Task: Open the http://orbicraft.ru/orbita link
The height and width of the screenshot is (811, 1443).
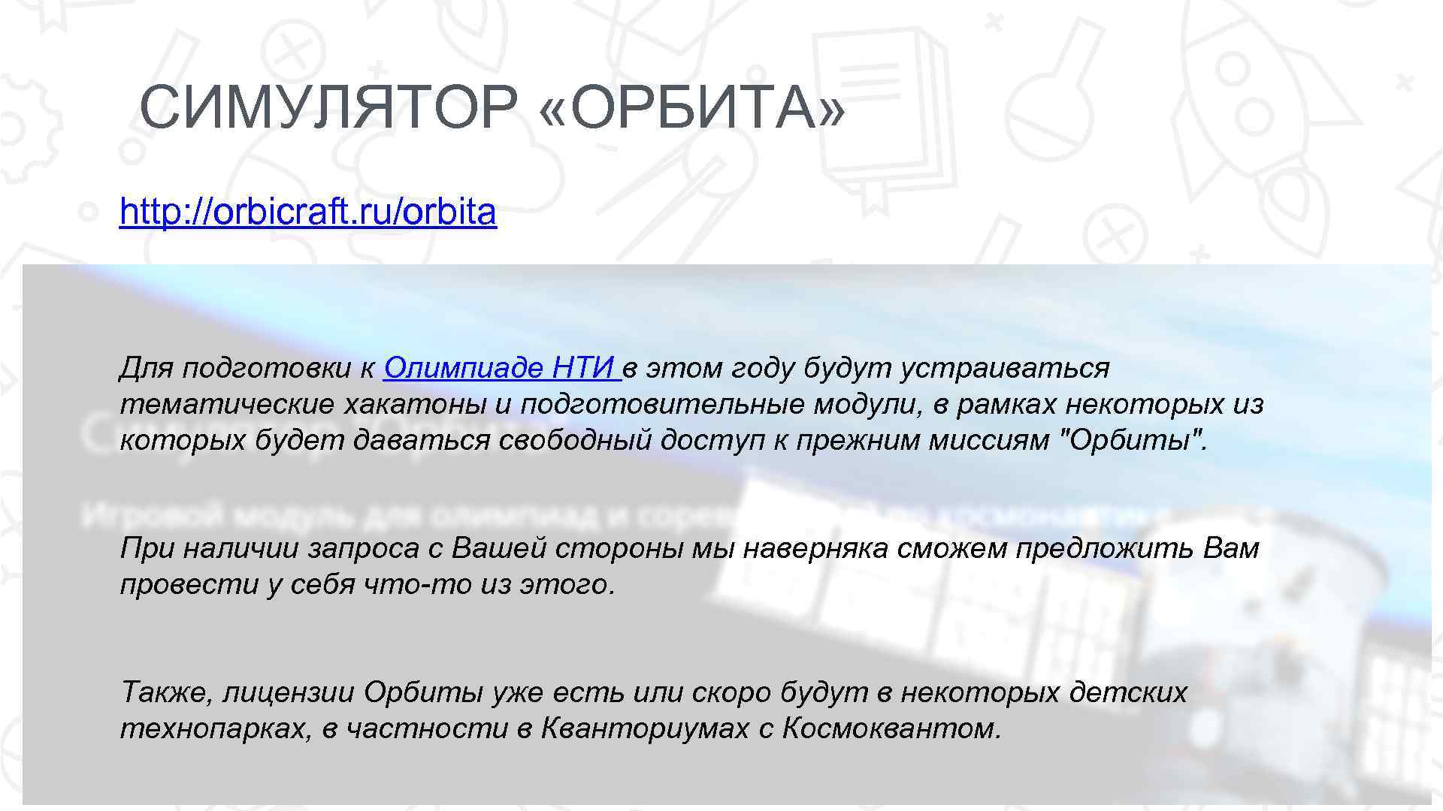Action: point(308,213)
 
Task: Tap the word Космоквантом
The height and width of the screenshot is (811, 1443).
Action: point(891,728)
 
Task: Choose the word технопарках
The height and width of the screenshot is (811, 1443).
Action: point(216,728)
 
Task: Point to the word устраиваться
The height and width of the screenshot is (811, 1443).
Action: point(1005,368)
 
